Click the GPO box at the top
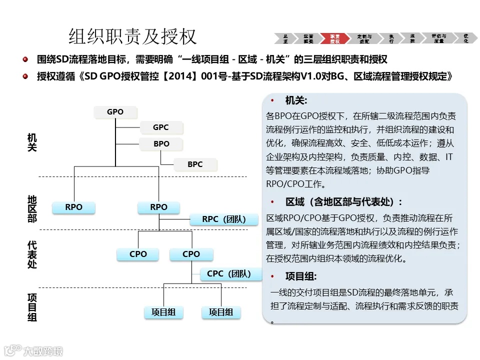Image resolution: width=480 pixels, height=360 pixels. (x=115, y=112)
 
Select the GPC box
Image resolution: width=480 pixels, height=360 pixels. (x=161, y=127)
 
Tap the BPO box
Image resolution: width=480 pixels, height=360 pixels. (x=161, y=144)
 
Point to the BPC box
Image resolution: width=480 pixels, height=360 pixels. (x=195, y=164)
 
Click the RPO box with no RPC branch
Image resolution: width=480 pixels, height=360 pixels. (x=73, y=207)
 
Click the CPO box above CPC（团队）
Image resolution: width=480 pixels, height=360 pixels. (x=191, y=254)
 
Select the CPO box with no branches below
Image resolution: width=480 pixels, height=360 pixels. (x=138, y=254)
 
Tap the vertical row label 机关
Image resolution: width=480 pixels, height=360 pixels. (x=32, y=142)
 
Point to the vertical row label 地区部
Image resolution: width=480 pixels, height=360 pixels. (x=32, y=209)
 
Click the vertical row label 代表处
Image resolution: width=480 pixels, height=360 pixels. (x=32, y=255)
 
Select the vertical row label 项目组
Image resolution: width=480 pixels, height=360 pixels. (x=32, y=307)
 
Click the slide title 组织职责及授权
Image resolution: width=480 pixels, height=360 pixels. (x=132, y=36)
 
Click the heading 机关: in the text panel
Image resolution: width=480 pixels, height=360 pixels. (x=296, y=101)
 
